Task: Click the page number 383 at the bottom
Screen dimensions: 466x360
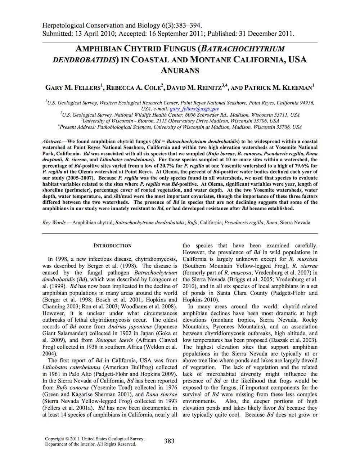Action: click(x=169, y=441)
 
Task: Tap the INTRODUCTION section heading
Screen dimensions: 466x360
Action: click(x=112, y=246)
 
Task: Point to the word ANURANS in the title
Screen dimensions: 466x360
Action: click(x=180, y=70)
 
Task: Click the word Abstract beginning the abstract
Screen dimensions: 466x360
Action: click(x=51, y=142)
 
